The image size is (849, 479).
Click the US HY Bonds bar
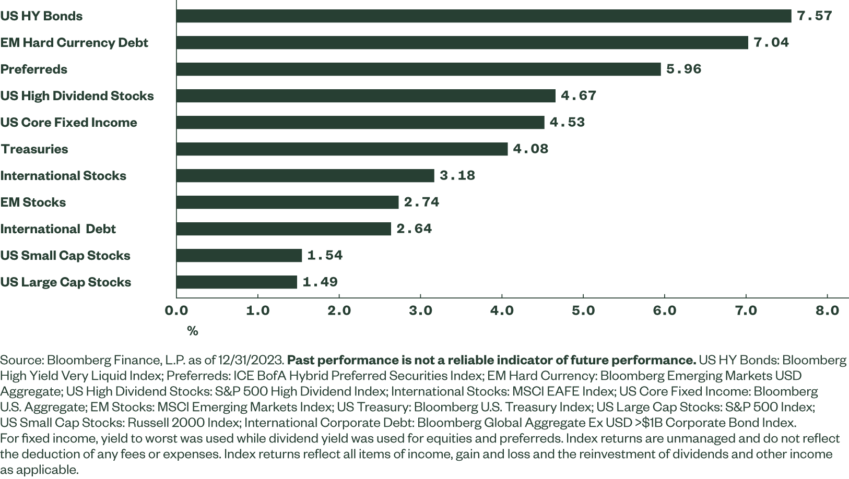pos(484,16)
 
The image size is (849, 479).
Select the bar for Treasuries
pos(342,149)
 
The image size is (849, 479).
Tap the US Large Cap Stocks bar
pos(237,282)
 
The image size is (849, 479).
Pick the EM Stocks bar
pos(287,202)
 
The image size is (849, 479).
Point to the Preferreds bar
pos(418,69)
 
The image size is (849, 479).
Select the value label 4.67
pos(579,96)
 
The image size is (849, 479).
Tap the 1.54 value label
pos(325,256)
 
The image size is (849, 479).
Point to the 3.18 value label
pos(457,176)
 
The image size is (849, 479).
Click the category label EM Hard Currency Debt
pos(74,43)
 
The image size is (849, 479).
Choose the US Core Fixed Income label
pos(68,123)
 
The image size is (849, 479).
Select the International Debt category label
pos(58,229)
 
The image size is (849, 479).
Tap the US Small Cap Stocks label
pos(65,256)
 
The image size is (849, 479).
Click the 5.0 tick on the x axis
pos(583,310)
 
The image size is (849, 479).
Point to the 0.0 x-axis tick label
pos(176,310)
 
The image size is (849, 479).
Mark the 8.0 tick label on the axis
pos(827,310)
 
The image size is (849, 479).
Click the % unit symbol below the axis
pos(193,331)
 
